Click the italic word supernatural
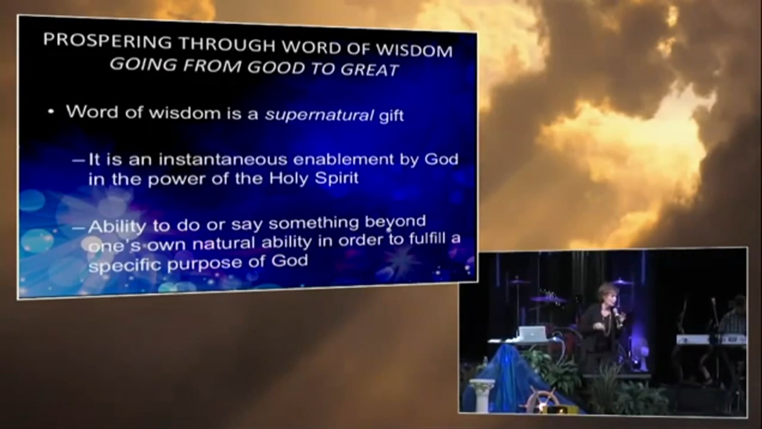(319, 115)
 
